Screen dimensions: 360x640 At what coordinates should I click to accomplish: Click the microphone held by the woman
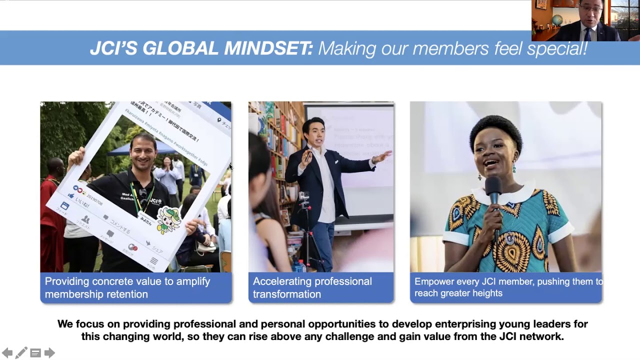tap(494, 189)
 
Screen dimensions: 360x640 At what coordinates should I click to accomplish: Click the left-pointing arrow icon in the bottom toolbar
tap(7, 353)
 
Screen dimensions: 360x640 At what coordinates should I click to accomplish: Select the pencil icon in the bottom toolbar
tap(21, 353)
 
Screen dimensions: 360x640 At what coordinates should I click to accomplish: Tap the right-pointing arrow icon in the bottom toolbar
tap(49, 353)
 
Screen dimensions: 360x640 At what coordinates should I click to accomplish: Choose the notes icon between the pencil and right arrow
tap(35, 353)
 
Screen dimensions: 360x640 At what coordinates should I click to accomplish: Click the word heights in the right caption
tap(487, 293)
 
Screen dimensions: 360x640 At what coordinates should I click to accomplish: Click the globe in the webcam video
tap(557, 19)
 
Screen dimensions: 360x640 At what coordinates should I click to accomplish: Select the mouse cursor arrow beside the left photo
tap(230, 167)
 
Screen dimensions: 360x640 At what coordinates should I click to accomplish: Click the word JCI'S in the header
tap(113, 48)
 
